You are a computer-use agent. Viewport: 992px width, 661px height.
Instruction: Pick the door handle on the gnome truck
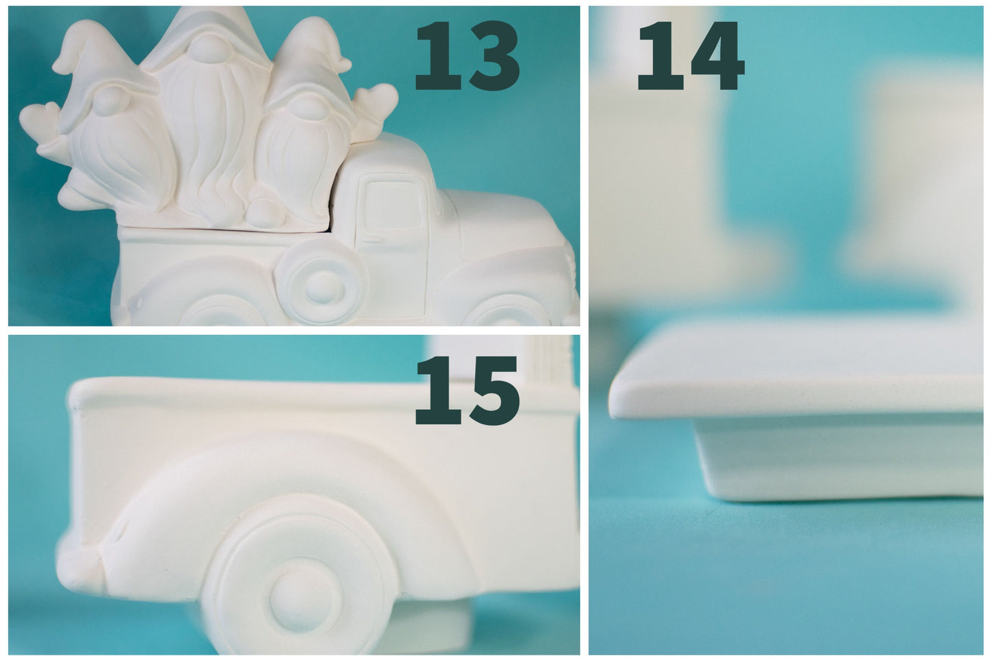(373, 239)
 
